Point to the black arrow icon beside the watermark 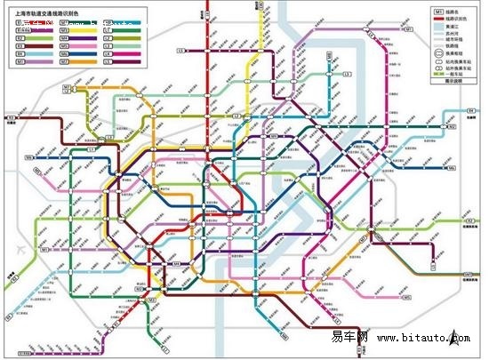click(454, 337)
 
